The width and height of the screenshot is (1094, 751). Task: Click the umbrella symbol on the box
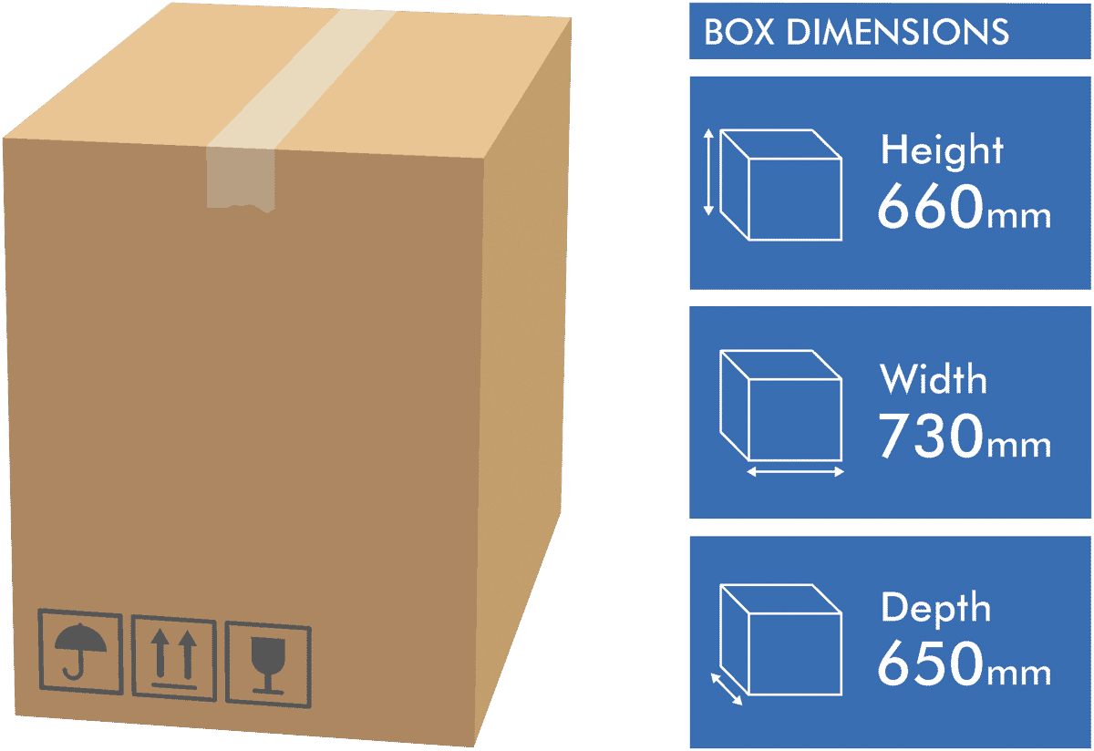coord(80,652)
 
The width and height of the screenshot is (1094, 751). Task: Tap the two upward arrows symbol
coord(174,658)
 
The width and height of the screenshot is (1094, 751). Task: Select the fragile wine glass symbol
coord(268,664)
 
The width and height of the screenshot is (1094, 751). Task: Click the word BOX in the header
coord(739,32)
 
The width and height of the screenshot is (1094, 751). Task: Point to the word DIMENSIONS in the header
coord(898,32)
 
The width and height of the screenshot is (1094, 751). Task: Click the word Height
coord(942,150)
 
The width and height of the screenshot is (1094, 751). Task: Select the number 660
coord(931,206)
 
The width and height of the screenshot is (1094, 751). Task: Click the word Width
coord(934,379)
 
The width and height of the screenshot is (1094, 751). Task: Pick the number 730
coord(931,435)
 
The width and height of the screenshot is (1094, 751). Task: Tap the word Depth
coord(935,609)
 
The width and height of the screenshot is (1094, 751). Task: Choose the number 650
coord(931,664)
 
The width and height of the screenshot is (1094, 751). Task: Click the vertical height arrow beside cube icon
coord(708,172)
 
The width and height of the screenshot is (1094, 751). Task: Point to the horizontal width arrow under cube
coord(796,472)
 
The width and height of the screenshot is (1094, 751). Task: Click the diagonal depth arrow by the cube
coord(727,689)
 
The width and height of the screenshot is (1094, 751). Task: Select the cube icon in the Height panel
coord(781,185)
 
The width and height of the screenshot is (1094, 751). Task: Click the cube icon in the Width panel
coord(781,406)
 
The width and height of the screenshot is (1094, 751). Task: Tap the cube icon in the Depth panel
coord(781,640)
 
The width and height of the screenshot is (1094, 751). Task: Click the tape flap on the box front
coord(241,180)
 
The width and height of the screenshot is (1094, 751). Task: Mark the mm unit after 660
coord(1019,217)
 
